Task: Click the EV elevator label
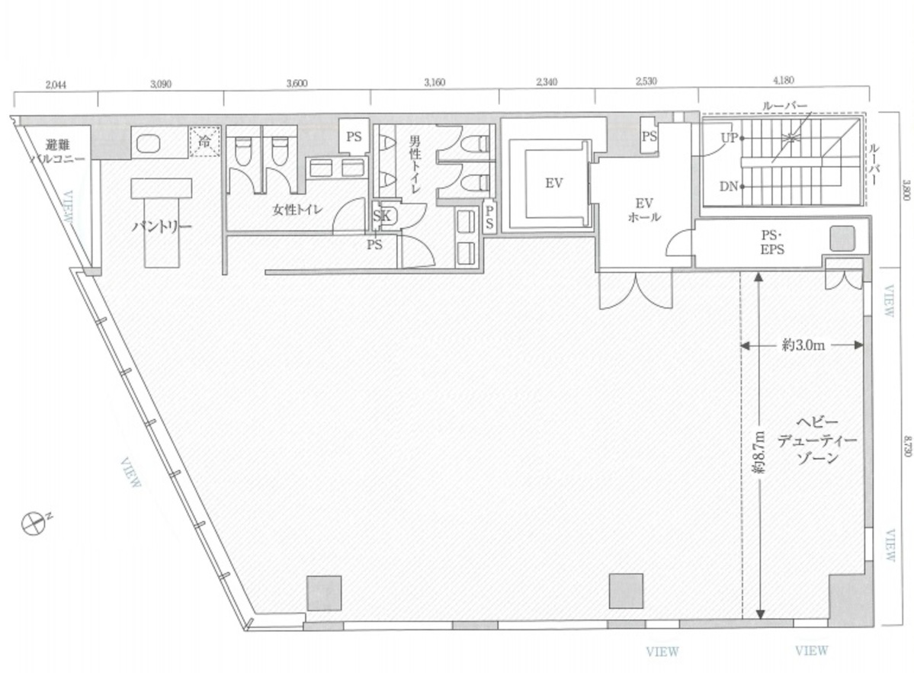pyautogui.click(x=553, y=183)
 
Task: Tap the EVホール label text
pyautogui.click(x=644, y=210)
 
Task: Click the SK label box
pyautogui.click(x=383, y=216)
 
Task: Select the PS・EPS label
pyautogui.click(x=773, y=242)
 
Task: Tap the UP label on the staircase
pyautogui.click(x=729, y=137)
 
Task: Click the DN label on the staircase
pyautogui.click(x=728, y=186)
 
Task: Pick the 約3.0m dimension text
pyautogui.click(x=803, y=345)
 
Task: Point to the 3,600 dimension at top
pyautogui.click(x=297, y=84)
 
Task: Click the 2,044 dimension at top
pyautogui.click(x=56, y=85)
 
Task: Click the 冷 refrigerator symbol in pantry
pyautogui.click(x=204, y=142)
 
